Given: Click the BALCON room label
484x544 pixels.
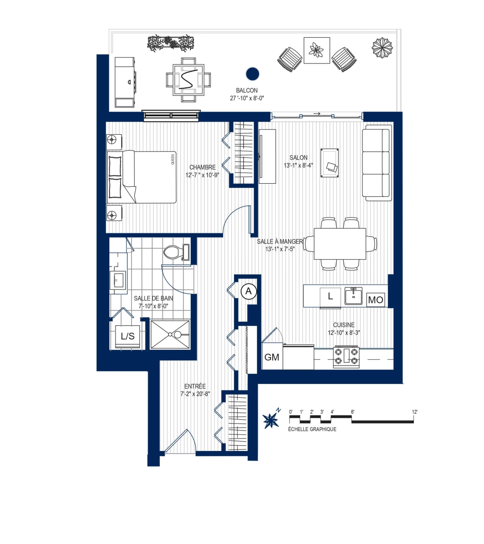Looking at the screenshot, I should pos(247,90).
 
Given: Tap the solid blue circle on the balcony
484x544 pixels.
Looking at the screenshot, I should pos(252,74).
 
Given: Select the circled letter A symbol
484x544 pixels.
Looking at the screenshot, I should pos(248,291).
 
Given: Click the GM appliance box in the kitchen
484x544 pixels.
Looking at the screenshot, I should pos(272,357).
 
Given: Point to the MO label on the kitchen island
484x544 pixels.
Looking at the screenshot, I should pos(376,300).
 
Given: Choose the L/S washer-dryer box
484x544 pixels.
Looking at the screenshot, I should pos(127,336).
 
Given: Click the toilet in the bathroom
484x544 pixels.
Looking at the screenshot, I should pos(175,252).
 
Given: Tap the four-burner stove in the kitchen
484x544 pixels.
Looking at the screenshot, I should pos(346,357).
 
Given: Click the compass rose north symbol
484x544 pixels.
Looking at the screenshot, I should pos(271,420).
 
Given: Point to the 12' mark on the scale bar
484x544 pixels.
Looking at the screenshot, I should pos(414,412).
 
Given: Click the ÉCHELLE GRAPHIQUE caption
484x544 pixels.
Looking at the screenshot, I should pos(312,429).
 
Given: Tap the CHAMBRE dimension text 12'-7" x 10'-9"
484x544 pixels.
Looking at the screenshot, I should pos(202,175).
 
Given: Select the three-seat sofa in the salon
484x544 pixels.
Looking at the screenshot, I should pos(377,163).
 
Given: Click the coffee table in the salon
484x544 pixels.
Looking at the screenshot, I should pos(330,163).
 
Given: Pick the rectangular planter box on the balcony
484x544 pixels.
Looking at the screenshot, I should pos(170,43).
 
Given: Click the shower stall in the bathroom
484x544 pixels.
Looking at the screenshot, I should pos(170,334).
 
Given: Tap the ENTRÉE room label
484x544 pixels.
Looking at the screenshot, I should pos(195,386).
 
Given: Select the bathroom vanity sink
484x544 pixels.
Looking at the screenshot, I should pos(119,280).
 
